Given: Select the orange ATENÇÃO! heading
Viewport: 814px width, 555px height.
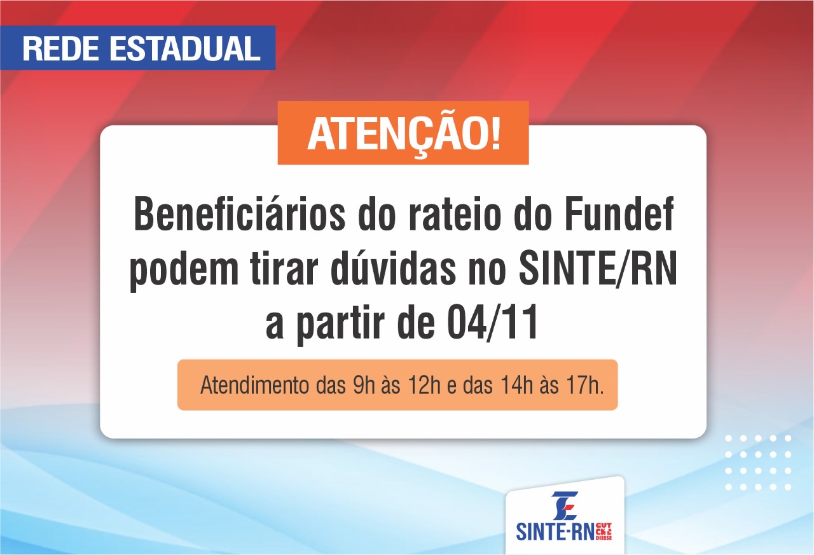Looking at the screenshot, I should pyautogui.click(x=403, y=133).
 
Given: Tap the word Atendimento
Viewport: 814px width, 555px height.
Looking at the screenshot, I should pyautogui.click(x=253, y=386).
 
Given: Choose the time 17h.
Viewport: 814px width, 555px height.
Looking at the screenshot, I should pyautogui.click(x=586, y=386).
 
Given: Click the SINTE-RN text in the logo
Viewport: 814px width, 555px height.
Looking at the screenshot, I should pyautogui.click(x=555, y=531).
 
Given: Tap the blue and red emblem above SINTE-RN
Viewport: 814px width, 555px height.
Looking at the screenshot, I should pyautogui.click(x=564, y=505).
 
